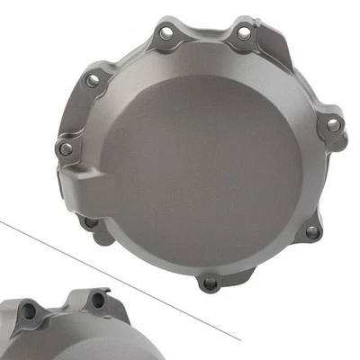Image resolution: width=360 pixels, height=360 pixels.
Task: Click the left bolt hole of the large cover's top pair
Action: click(166, 33)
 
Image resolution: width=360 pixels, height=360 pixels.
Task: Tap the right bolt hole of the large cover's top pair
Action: click(243, 33)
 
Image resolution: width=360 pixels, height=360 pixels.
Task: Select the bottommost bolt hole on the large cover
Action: click(211, 284)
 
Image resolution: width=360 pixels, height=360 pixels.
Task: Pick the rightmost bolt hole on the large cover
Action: click(333, 125)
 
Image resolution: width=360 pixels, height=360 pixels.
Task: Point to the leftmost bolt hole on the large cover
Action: click(65, 148)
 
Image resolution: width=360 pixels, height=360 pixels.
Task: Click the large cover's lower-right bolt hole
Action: click(311, 231)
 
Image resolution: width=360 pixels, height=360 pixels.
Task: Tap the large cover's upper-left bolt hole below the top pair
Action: click(93, 80)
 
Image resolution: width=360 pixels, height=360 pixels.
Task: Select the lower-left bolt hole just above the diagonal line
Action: click(90, 221)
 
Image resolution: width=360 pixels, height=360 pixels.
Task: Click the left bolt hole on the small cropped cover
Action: click(28, 311)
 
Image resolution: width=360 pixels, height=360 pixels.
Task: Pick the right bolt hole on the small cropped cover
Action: click(97, 301)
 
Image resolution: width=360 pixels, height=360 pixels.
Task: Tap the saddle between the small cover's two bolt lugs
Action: click(63, 310)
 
